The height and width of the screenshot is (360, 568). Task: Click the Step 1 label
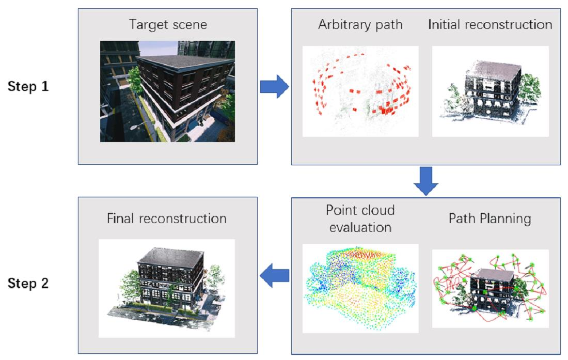(28, 86)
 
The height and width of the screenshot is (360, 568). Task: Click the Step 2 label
(28, 284)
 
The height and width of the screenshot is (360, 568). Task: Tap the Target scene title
(167, 25)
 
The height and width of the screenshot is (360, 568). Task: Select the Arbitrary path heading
(359, 25)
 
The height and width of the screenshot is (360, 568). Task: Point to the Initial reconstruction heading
(490, 25)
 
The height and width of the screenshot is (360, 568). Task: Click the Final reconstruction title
(166, 218)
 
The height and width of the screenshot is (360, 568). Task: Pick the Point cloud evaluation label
(360, 218)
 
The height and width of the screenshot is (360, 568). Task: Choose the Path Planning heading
(490, 218)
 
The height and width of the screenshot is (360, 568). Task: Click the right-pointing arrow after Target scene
(274, 86)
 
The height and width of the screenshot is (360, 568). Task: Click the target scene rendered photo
(167, 91)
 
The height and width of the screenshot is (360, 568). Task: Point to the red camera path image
(360, 91)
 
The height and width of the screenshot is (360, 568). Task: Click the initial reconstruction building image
(490, 91)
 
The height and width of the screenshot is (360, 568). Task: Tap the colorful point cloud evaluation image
(360, 288)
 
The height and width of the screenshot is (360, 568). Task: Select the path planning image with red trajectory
(490, 288)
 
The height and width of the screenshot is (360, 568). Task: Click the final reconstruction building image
(166, 288)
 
